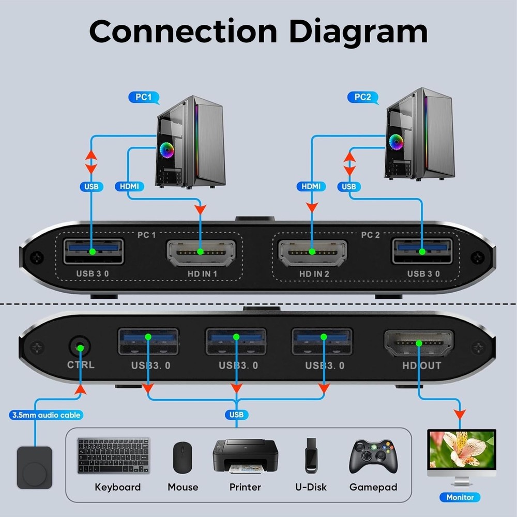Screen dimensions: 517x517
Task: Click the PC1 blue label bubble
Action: [x=143, y=97]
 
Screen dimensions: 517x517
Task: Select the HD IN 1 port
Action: [x=201, y=252]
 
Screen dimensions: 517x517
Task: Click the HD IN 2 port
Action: [x=312, y=252]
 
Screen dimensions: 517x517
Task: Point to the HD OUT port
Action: [x=419, y=343]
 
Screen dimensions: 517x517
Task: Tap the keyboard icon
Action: [x=114, y=455]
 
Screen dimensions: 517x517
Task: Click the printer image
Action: [x=245, y=455]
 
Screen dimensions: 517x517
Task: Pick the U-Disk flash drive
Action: [x=311, y=455]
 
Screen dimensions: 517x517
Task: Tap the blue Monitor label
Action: [x=460, y=497]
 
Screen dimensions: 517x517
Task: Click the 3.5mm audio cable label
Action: [x=46, y=415]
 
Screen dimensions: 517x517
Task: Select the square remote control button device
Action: [x=35, y=467]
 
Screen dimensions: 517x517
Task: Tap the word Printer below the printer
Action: [x=245, y=487]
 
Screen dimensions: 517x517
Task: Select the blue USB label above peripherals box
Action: [x=236, y=415]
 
